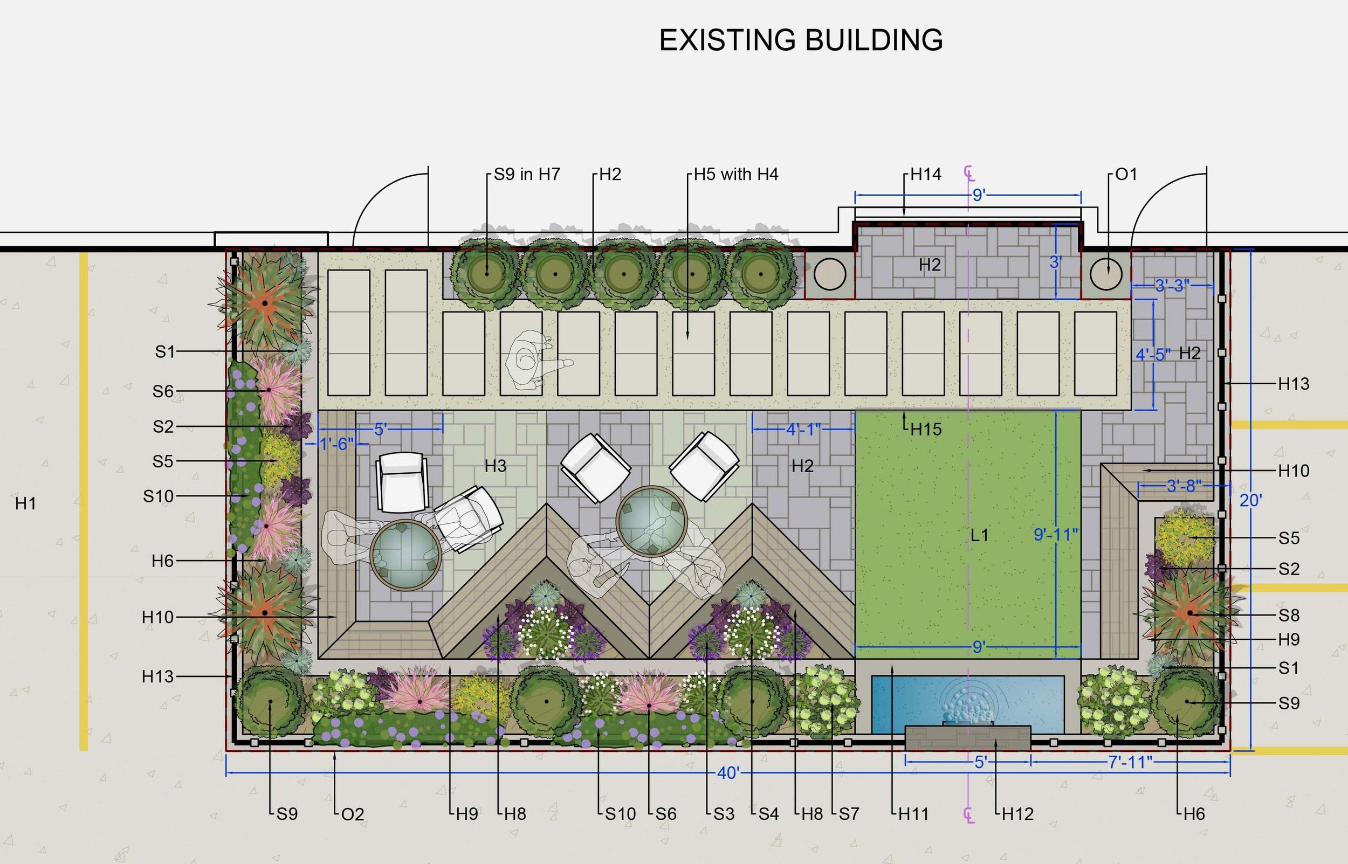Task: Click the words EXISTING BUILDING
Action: coord(801,40)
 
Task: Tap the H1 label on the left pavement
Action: coord(26,503)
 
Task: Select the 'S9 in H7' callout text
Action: coord(527,175)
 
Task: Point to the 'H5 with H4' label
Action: coord(735,175)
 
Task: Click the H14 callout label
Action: coord(925,175)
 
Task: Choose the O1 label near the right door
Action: coord(1126,175)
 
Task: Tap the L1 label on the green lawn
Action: coord(979,535)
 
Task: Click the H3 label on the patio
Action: coord(496,466)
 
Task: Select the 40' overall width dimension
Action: coord(728,773)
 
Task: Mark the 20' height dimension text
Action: coord(1250,500)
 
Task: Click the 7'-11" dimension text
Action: coord(1130,762)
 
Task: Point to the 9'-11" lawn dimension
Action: coord(1056,535)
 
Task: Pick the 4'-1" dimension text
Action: coord(803,430)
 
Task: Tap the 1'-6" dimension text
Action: coord(336,444)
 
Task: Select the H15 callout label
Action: coord(926,430)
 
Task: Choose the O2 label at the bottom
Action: coord(353,814)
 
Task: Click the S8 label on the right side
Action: coord(1289,616)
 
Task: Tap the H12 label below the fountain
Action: coord(1017,813)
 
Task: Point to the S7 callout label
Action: coord(849,813)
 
